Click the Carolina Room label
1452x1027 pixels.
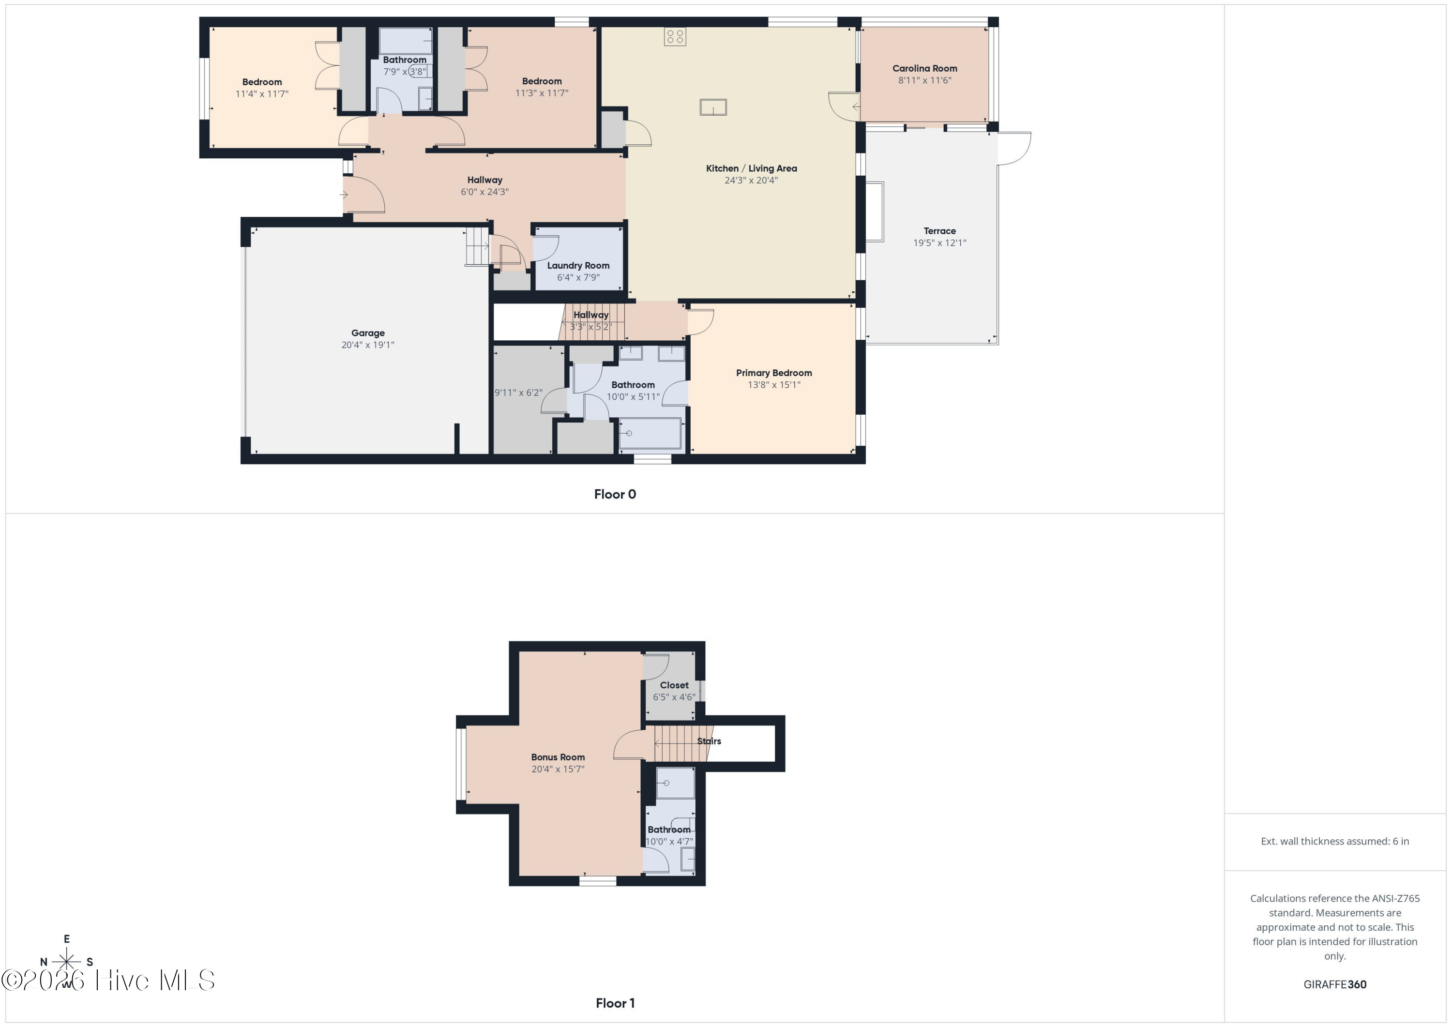[x=924, y=68]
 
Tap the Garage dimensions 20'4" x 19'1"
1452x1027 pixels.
[x=367, y=345]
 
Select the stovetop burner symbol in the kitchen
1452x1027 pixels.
[x=675, y=37]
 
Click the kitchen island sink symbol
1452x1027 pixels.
[x=713, y=107]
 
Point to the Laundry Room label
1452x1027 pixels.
[x=578, y=266]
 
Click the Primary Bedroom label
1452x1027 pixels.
[x=773, y=373]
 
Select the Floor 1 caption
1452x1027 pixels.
[x=615, y=1003]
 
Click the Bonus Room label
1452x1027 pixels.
[x=557, y=757]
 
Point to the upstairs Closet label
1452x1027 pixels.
[x=674, y=685]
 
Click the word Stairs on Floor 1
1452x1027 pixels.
[x=709, y=741]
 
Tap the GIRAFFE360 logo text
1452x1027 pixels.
[x=1334, y=984]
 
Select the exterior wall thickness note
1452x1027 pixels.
[x=1334, y=841]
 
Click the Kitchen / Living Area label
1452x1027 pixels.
[x=751, y=168]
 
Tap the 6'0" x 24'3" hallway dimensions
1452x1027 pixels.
[x=484, y=192]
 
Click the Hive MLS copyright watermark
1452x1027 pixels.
[x=107, y=980]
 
